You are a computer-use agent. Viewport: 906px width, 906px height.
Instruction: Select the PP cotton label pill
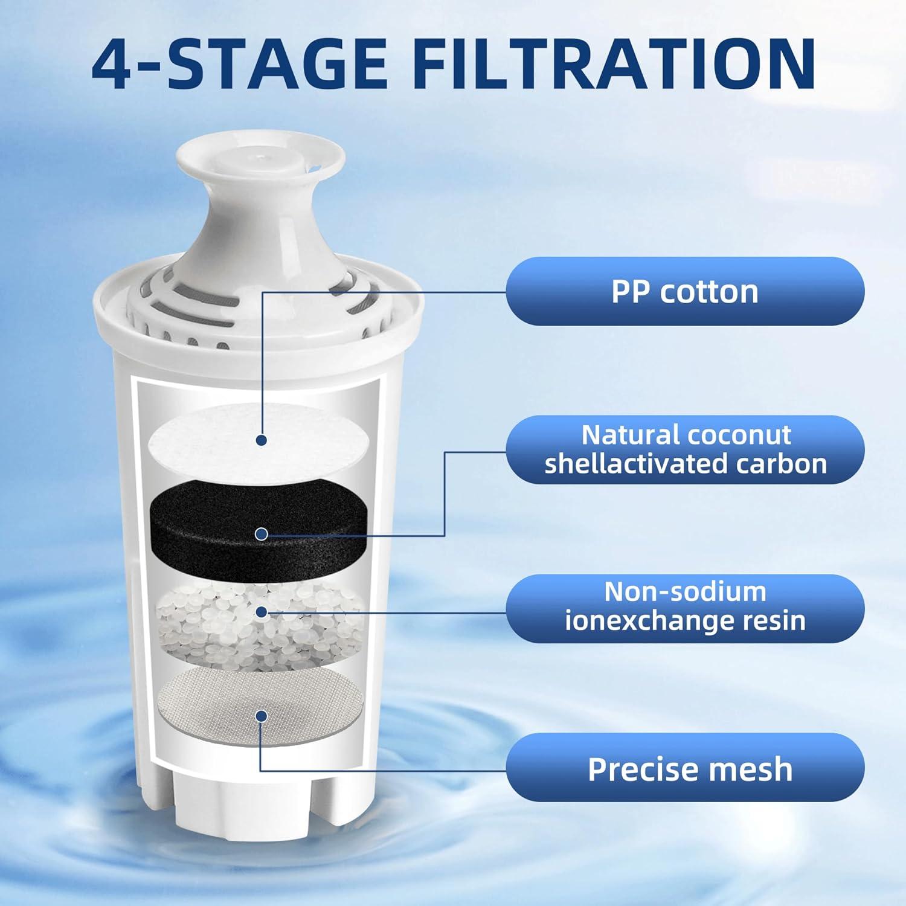(x=685, y=291)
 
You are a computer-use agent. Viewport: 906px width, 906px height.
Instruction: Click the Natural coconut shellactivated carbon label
(x=685, y=449)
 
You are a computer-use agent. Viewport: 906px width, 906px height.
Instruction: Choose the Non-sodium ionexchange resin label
(x=685, y=608)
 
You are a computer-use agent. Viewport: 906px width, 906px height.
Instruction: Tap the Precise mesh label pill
(x=685, y=768)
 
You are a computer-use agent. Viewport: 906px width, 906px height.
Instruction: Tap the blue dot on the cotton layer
(x=261, y=440)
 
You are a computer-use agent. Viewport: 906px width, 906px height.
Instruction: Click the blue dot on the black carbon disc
(x=261, y=533)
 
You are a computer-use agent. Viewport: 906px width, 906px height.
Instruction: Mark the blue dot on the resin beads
(x=261, y=612)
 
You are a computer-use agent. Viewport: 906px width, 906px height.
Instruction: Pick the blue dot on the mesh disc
(x=261, y=716)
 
